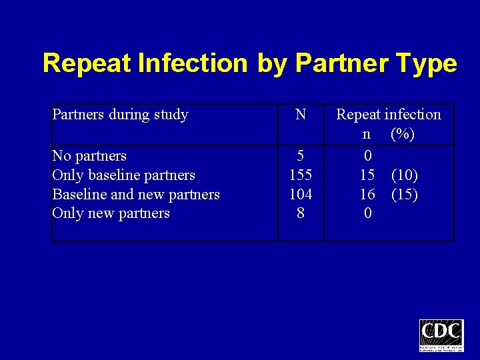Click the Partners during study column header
[x=120, y=115]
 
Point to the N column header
[x=301, y=115]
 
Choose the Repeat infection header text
[x=389, y=115]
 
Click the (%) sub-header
[x=403, y=134]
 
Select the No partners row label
[x=89, y=156]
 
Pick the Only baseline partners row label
[x=123, y=175]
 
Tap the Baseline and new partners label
[x=136, y=195]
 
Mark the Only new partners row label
[x=111, y=213]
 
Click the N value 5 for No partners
[x=301, y=156]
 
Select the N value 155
[x=301, y=175]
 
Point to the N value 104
[x=301, y=195]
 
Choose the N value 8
[x=301, y=213]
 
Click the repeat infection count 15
[x=367, y=175]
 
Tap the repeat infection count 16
[x=367, y=195]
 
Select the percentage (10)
[x=405, y=175]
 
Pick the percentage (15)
[x=405, y=195]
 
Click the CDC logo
[x=441, y=335]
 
